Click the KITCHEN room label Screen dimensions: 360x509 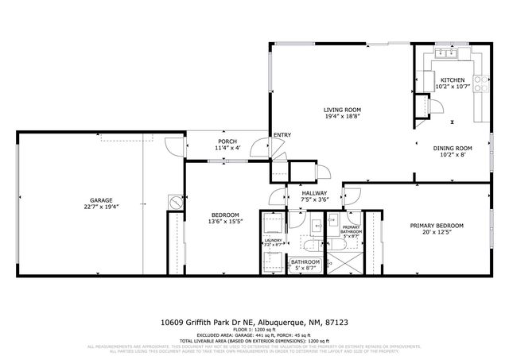(453, 79)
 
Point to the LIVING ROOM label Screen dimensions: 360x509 (342, 110)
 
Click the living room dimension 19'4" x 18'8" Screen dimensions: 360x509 (342, 117)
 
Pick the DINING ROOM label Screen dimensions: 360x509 (453, 148)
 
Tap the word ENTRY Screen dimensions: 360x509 (282, 135)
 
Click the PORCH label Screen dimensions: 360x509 (227, 141)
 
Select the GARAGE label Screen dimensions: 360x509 (100, 200)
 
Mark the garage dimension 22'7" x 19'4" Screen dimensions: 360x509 (100, 207)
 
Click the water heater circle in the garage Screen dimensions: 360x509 (173, 201)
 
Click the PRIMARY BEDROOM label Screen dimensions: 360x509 (437, 225)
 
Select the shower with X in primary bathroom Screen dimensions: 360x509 (351, 261)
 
